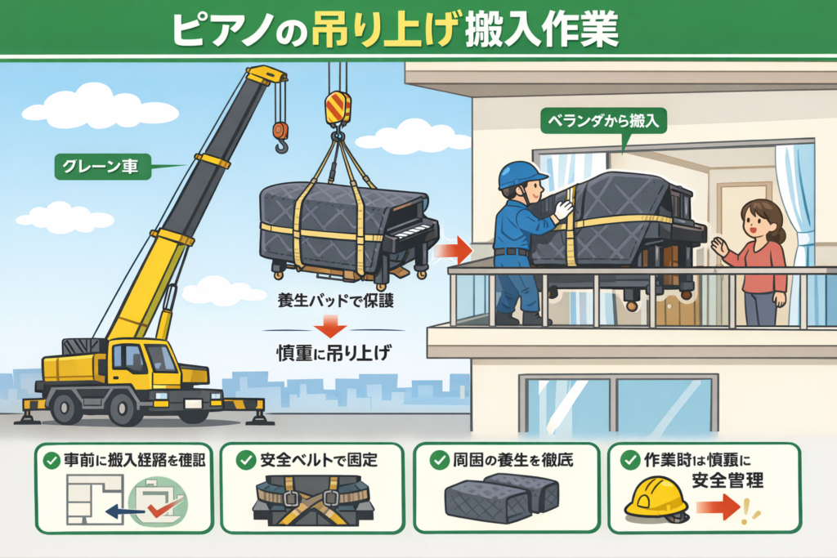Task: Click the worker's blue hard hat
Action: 521,174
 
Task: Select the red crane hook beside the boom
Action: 281,136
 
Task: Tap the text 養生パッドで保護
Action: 335,301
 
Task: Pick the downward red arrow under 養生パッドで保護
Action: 330,327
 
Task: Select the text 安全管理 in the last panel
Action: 727,480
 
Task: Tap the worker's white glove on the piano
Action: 562,209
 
